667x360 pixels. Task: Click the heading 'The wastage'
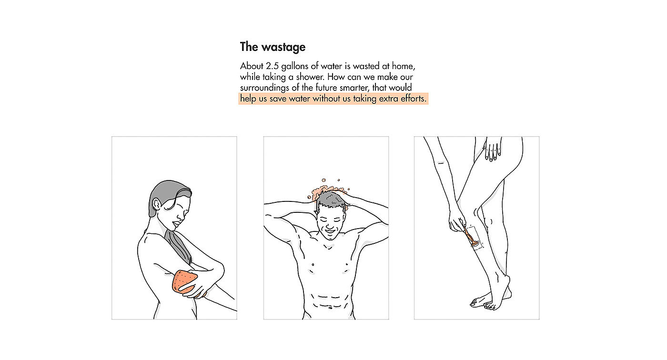pyautogui.click(x=273, y=47)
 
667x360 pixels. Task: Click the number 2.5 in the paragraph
pyautogui.click(x=272, y=66)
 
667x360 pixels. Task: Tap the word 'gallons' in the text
pyautogui.click(x=294, y=66)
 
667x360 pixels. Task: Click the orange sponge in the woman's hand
pyautogui.click(x=184, y=281)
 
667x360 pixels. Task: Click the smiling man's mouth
pyautogui.click(x=330, y=230)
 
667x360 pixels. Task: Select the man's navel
pyautogui.click(x=330, y=307)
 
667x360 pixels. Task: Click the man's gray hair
pyautogui.click(x=331, y=201)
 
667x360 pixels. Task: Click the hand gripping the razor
pyautogui.click(x=456, y=221)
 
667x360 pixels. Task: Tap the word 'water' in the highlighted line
pyautogui.click(x=299, y=99)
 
